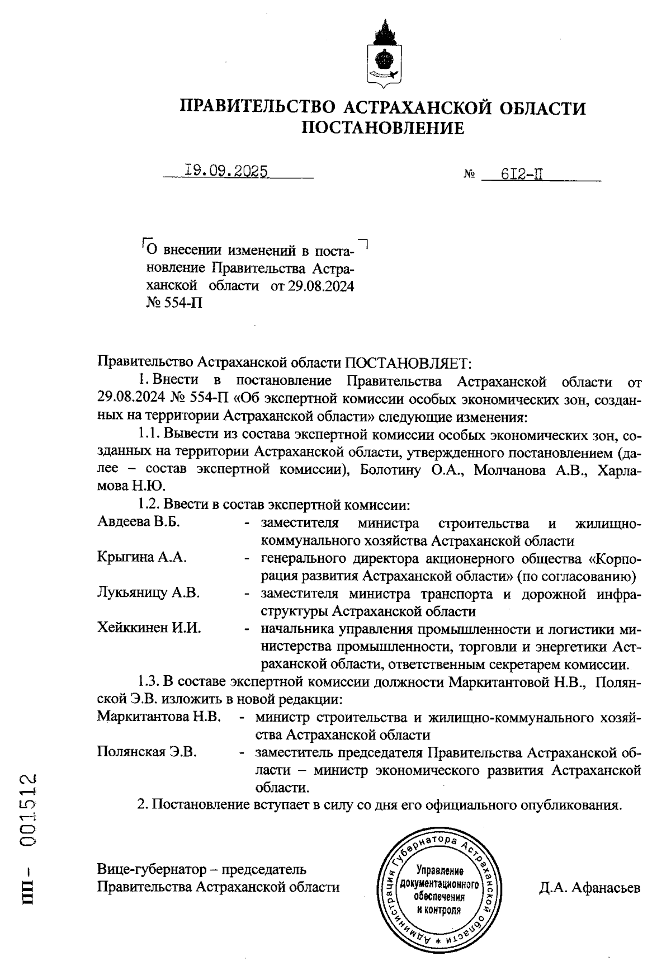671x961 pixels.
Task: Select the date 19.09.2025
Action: [226, 171]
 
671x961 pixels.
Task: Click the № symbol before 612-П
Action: [469, 176]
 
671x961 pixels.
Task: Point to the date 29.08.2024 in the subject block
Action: [321, 286]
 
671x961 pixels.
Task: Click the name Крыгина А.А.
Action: [142, 557]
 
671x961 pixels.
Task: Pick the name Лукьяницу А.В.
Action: [148, 592]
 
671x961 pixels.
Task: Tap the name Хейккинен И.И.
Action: [149, 628]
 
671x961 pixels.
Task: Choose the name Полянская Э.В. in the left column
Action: [147, 752]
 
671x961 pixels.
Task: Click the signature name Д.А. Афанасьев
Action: [589, 888]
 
